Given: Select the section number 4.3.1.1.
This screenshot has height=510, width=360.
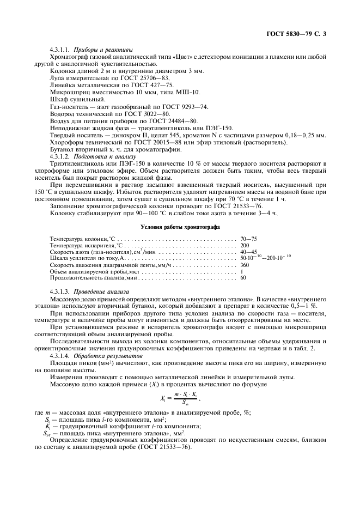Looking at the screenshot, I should pos(60,50).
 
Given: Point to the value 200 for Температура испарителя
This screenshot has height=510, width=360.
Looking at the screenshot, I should pos(245,245).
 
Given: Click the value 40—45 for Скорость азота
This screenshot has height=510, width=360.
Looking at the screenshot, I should pos(248,252).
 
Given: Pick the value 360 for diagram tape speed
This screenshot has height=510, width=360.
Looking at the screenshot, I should pos(245,265).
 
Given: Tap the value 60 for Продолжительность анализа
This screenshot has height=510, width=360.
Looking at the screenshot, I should pos(243,278).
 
